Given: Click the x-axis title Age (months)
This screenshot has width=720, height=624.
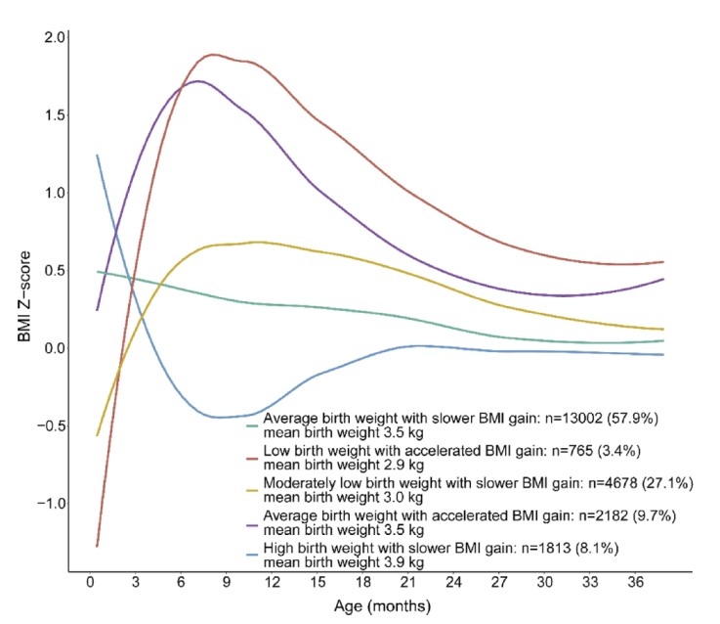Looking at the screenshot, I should click(379, 606).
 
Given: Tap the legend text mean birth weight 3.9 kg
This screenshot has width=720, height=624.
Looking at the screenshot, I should click(344, 561).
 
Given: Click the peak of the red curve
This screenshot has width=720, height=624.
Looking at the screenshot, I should click(213, 55).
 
